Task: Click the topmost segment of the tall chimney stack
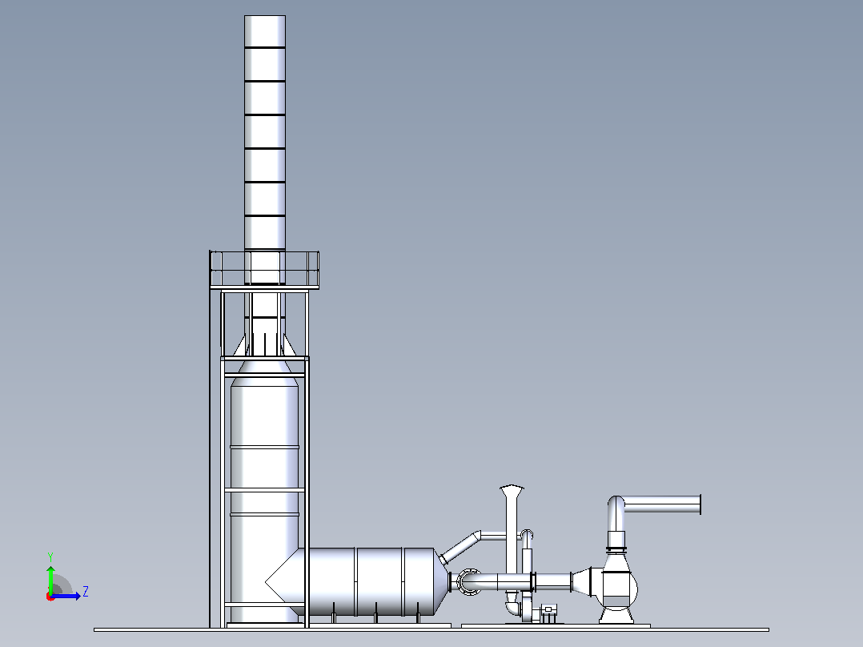pos(265,31)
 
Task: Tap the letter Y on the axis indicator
pos(50,557)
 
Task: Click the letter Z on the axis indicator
pos(86,592)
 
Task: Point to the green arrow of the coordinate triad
pos(50,579)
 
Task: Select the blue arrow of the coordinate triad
pos(66,596)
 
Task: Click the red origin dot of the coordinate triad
pos(50,597)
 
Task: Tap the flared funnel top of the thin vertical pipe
pos(512,491)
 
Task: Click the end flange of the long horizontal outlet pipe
pos(700,504)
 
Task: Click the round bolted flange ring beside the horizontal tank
pos(467,581)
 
